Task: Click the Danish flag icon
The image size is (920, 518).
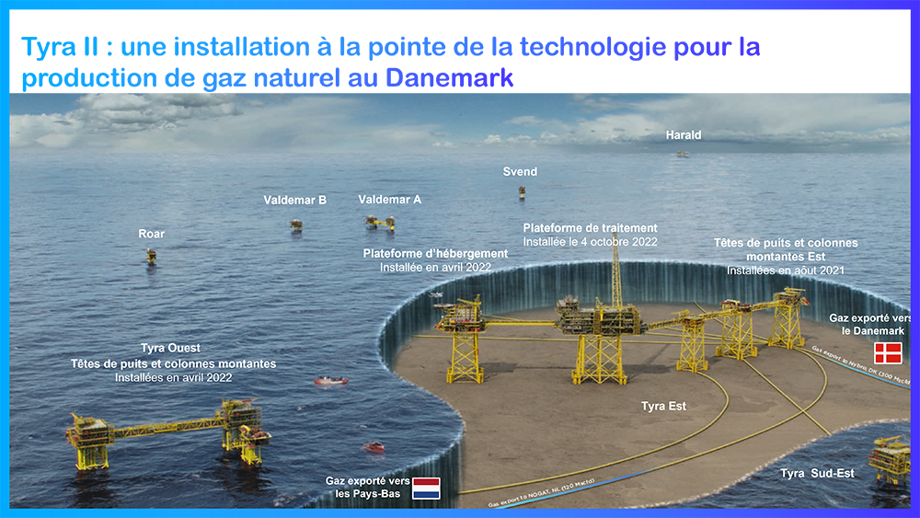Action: (x=888, y=352)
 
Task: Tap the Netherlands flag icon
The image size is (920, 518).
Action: (x=426, y=488)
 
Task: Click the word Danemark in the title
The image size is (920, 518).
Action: (x=449, y=78)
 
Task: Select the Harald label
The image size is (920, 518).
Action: (x=684, y=135)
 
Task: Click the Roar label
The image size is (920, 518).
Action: (x=151, y=234)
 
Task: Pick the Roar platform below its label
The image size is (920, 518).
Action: (x=151, y=256)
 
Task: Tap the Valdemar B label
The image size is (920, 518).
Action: (x=294, y=199)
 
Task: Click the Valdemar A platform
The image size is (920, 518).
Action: (x=379, y=222)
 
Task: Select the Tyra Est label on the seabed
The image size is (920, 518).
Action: (x=663, y=406)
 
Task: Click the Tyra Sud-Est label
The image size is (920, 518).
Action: (x=817, y=473)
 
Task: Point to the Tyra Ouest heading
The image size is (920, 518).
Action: (x=171, y=349)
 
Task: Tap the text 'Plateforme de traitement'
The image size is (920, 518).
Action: (x=590, y=227)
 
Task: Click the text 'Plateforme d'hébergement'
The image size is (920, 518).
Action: (x=435, y=253)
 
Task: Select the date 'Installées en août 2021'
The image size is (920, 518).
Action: (x=785, y=271)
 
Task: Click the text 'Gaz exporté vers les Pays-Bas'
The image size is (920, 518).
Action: (x=367, y=487)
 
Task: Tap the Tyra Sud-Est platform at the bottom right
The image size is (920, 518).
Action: (x=890, y=460)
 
